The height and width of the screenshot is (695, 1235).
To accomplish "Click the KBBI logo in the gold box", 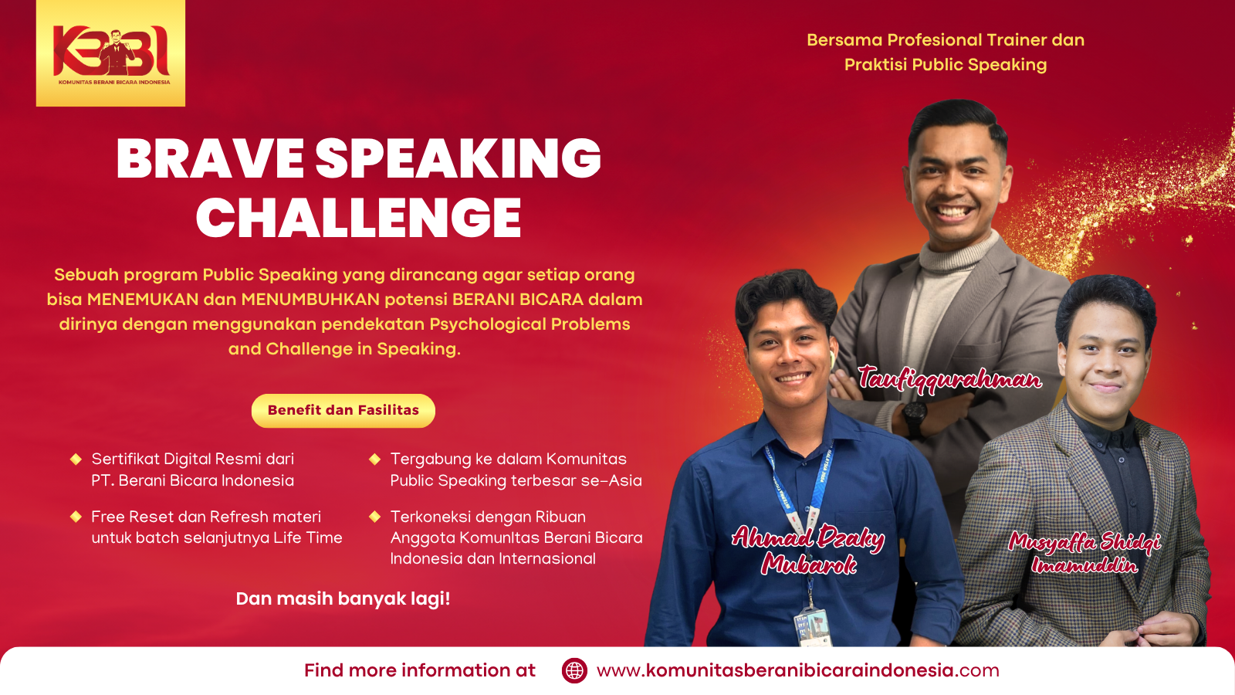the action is [111, 53].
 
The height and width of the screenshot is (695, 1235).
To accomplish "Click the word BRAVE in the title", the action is [210, 159].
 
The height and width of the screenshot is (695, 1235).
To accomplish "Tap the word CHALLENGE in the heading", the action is [358, 217].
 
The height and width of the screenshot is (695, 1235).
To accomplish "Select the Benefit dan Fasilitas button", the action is [343, 410].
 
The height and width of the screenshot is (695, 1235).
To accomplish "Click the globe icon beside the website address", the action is [574, 670].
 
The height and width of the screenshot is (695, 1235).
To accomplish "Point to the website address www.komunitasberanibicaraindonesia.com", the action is [798, 670].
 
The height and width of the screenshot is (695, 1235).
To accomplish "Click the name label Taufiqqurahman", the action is [949, 379].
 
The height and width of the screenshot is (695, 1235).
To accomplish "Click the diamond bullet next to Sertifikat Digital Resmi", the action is [76, 459].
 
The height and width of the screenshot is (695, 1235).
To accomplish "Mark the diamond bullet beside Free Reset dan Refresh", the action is [76, 517].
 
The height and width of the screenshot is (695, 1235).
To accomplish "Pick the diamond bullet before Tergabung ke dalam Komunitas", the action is [375, 459].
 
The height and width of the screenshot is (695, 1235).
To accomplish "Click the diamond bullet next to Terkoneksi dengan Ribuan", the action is [375, 517].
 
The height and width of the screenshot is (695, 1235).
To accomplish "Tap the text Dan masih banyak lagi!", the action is [343, 598].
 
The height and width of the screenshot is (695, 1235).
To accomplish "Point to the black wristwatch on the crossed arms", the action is [915, 418].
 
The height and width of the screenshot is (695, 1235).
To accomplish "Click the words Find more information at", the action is [420, 670].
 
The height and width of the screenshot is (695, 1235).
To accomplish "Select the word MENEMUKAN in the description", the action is [143, 300].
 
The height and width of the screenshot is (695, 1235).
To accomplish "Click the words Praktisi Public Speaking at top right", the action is [946, 65].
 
